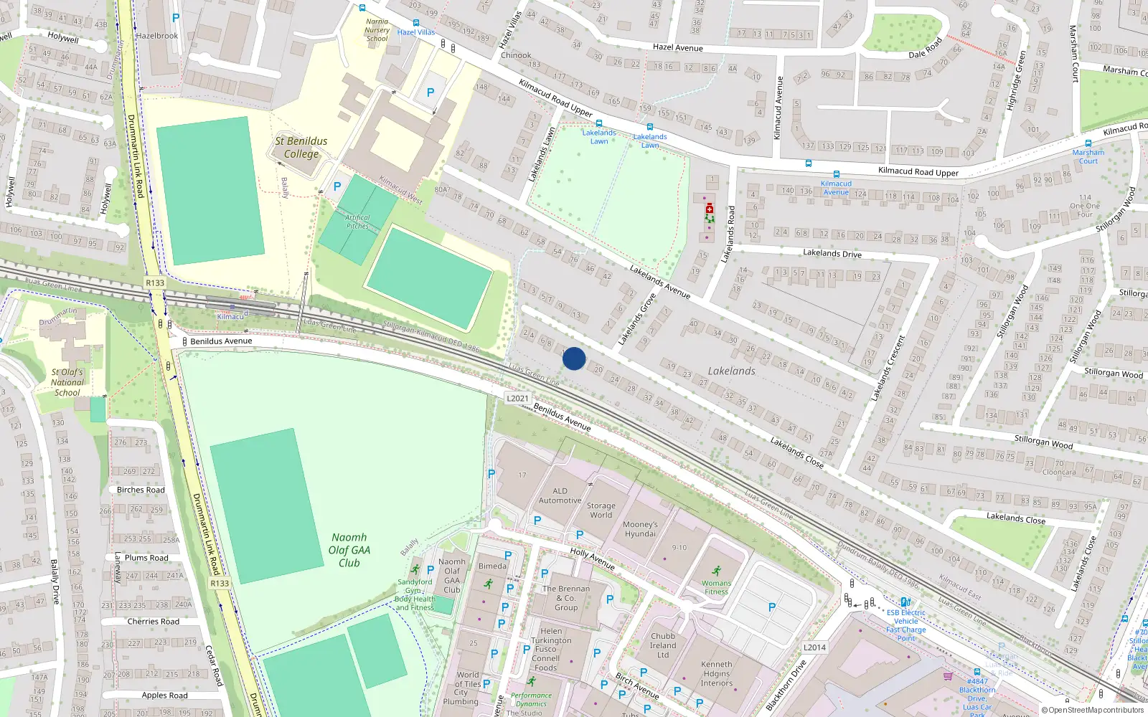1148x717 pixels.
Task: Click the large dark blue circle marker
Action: pyautogui.click(x=574, y=358)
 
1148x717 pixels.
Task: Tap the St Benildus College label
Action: pyautogui.click(x=301, y=147)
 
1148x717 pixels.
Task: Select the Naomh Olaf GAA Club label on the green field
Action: pyautogui.click(x=349, y=550)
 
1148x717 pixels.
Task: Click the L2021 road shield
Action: pyautogui.click(x=517, y=399)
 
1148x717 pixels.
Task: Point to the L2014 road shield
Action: pyautogui.click(x=814, y=647)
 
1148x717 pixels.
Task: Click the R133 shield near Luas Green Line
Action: pyautogui.click(x=155, y=282)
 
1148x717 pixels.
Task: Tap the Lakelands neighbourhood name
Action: pyautogui.click(x=731, y=371)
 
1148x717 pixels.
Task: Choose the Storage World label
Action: pyautogui.click(x=601, y=510)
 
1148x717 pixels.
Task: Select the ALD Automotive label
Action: pyautogui.click(x=560, y=495)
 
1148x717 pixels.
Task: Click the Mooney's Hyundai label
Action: pyautogui.click(x=640, y=529)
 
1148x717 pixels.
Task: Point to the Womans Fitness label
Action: pyautogui.click(x=716, y=587)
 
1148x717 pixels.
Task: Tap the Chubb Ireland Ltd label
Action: pyautogui.click(x=663, y=645)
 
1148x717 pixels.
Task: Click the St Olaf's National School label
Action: pyautogui.click(x=67, y=382)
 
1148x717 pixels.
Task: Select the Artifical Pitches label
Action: pyautogui.click(x=357, y=222)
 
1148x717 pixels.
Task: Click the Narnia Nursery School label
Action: pyautogui.click(x=377, y=30)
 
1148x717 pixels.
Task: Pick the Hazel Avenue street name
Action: pyautogui.click(x=678, y=47)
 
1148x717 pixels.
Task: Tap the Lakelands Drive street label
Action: pyautogui.click(x=832, y=253)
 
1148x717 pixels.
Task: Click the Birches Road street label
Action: pyautogui.click(x=141, y=490)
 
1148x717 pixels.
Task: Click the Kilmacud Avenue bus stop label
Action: pyautogui.click(x=836, y=188)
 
